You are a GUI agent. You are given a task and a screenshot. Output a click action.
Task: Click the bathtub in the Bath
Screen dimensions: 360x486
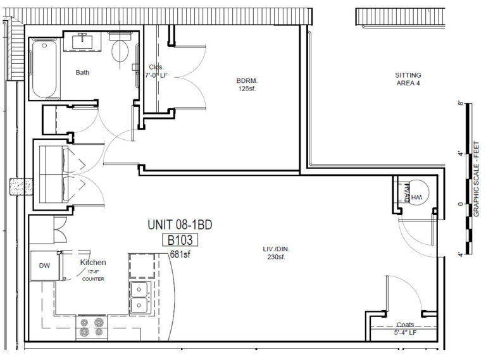click(x=44, y=68)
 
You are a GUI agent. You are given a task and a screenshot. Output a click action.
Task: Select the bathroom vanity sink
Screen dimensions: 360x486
click(x=84, y=42)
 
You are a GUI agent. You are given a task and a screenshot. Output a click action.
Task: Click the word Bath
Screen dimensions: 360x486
click(x=83, y=73)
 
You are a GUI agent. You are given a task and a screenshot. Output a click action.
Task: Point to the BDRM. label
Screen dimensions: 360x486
click(x=246, y=80)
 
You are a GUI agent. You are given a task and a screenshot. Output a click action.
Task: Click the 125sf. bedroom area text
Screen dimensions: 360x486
click(x=246, y=89)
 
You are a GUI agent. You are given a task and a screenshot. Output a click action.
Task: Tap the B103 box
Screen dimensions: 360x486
click(x=180, y=240)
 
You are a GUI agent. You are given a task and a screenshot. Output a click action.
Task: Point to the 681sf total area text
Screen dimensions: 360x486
click(x=180, y=255)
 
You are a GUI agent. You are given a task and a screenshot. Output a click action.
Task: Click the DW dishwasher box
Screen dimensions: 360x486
click(x=44, y=266)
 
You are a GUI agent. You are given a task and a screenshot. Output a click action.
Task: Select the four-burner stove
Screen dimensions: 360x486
click(x=91, y=326)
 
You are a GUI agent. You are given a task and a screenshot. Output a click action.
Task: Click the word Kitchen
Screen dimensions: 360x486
click(x=92, y=263)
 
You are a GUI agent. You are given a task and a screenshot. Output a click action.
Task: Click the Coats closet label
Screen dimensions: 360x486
click(x=405, y=324)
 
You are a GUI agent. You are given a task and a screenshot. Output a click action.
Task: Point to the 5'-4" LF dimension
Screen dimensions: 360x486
click(x=405, y=333)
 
